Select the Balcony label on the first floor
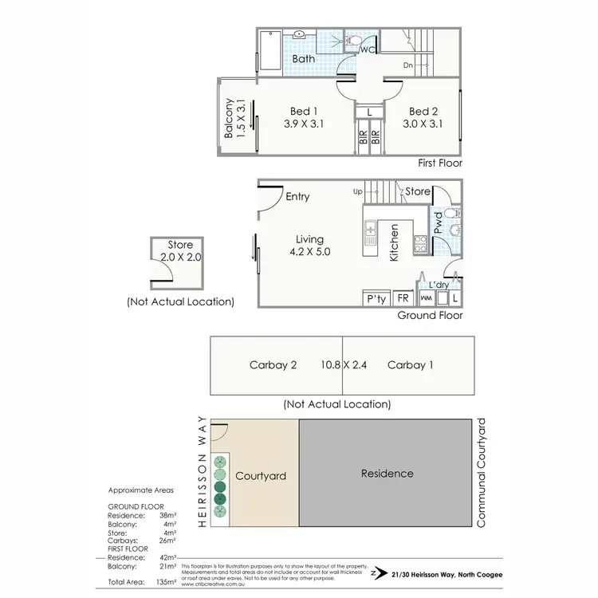tap(229, 118)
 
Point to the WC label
tap(368, 50)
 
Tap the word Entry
tap(297, 197)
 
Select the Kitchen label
tap(394, 242)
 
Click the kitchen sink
tap(371, 236)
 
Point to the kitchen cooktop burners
tap(419, 243)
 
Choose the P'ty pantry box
tap(375, 299)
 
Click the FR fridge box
tap(403, 299)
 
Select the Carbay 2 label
tap(273, 365)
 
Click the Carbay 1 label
tap(410, 365)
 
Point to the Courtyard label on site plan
tap(261, 476)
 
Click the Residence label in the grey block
tap(388, 473)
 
